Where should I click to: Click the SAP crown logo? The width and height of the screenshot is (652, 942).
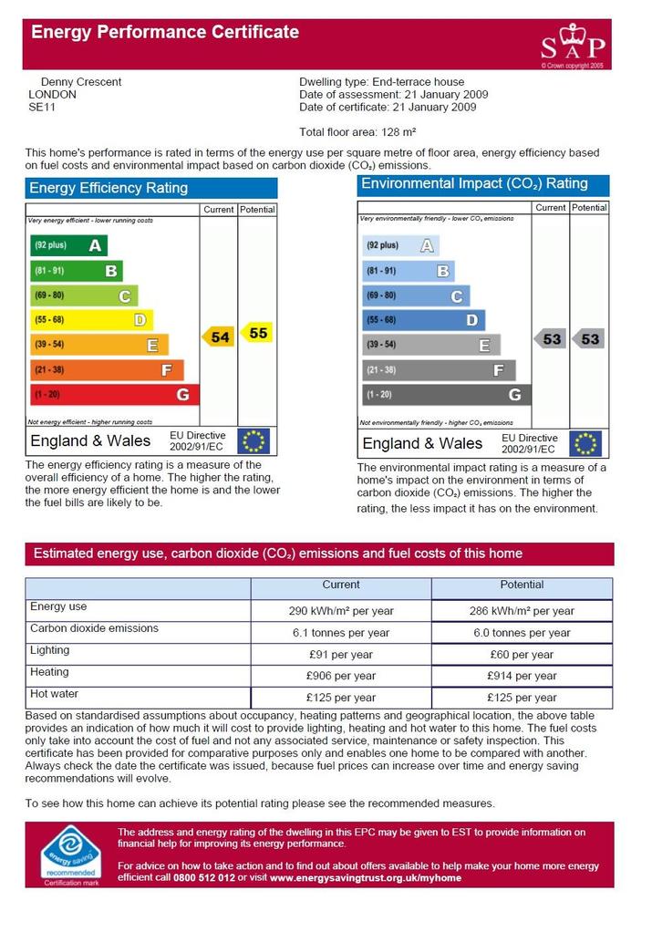point(573,45)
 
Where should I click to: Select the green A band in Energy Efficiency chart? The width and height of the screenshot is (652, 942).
point(68,245)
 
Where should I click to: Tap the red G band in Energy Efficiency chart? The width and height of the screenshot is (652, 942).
point(114,395)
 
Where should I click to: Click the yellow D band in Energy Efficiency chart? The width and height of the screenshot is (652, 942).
point(91,319)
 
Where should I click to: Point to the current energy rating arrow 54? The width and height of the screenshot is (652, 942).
point(217,337)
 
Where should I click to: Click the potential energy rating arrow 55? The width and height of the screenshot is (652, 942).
point(256,333)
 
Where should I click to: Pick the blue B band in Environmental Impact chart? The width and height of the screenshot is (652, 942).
point(408,271)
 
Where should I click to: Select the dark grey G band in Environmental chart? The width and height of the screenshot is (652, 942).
point(447,395)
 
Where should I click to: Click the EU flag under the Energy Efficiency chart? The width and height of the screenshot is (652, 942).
point(254,441)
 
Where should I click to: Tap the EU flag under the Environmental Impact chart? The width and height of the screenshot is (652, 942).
point(585,444)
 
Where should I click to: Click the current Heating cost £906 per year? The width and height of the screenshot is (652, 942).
point(341,676)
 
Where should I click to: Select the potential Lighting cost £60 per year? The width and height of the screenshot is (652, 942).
point(522,654)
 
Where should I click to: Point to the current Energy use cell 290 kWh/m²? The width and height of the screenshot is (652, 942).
point(341,611)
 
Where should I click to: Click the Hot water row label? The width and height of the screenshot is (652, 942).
point(54,694)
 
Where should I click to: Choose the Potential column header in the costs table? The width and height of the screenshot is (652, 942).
point(522,585)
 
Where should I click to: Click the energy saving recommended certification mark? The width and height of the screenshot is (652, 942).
point(71,854)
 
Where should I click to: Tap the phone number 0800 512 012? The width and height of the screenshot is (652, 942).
point(204,878)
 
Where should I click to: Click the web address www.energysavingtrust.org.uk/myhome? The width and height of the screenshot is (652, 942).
point(366,878)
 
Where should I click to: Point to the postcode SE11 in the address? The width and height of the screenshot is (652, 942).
point(42,107)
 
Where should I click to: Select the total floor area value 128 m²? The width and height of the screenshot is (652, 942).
point(398,132)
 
